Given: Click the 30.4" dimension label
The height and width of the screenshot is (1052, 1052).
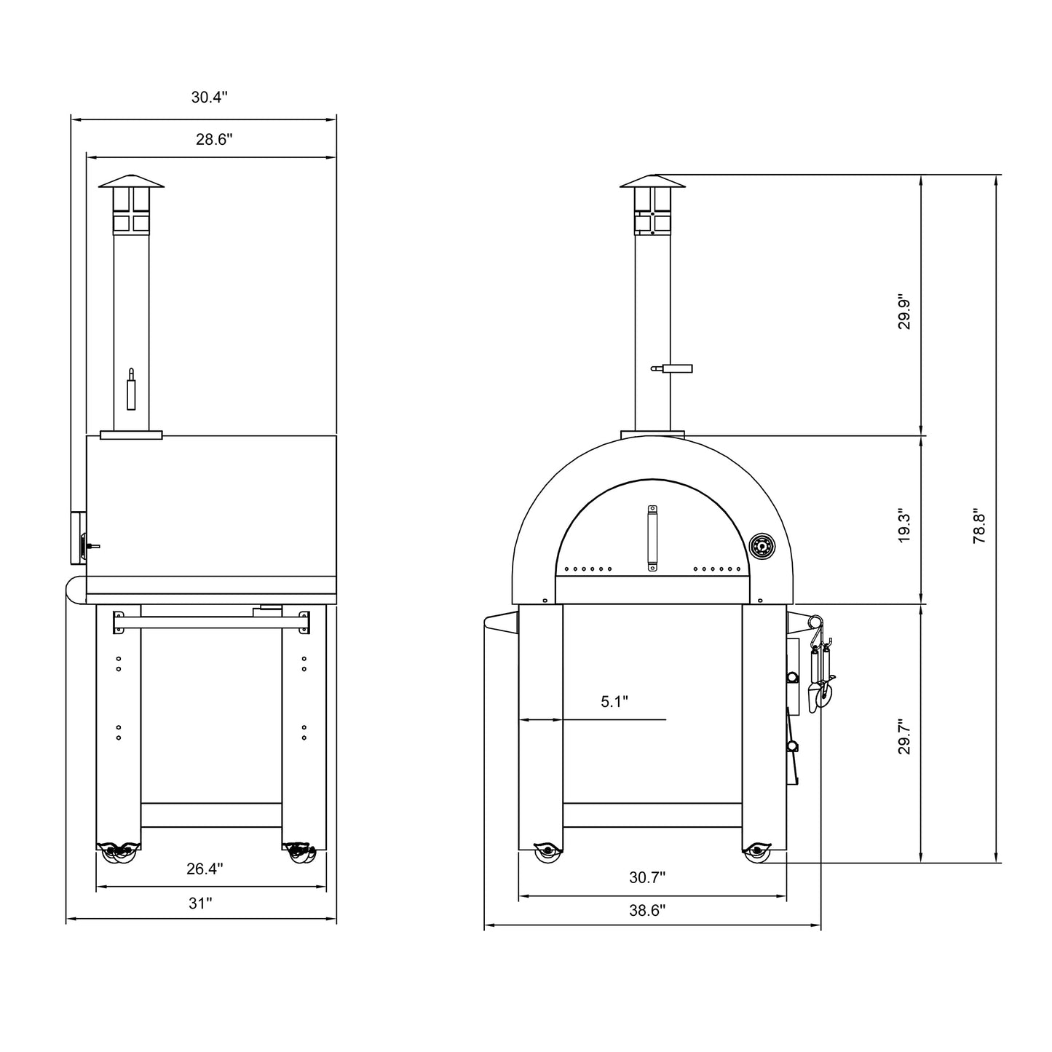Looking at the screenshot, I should [x=210, y=98].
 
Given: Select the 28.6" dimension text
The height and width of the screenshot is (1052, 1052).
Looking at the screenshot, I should [x=214, y=140].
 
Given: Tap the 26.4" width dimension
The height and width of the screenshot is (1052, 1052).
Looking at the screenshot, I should [x=205, y=869].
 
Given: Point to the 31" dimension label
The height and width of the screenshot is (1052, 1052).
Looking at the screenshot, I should [x=200, y=903].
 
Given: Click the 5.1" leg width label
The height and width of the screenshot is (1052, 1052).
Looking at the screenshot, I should [x=614, y=702].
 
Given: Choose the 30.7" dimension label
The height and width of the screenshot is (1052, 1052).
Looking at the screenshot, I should [x=647, y=878].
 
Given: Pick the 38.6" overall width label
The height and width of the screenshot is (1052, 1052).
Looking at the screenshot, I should [x=647, y=910].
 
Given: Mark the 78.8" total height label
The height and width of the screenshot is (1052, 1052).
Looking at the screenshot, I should [x=980, y=526].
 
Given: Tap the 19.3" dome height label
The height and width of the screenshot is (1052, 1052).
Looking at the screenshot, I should [x=904, y=525].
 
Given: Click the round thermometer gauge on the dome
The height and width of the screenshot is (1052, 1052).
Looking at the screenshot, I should [x=762, y=546].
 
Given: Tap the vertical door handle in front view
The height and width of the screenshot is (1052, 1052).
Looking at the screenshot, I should [x=652, y=539].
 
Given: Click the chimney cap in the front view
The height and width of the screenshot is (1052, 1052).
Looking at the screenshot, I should [x=652, y=182].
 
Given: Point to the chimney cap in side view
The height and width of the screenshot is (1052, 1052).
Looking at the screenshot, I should [x=132, y=181].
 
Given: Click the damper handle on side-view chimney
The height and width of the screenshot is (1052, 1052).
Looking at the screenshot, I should [x=131, y=389].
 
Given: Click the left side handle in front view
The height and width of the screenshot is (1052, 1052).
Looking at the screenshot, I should [x=502, y=622].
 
